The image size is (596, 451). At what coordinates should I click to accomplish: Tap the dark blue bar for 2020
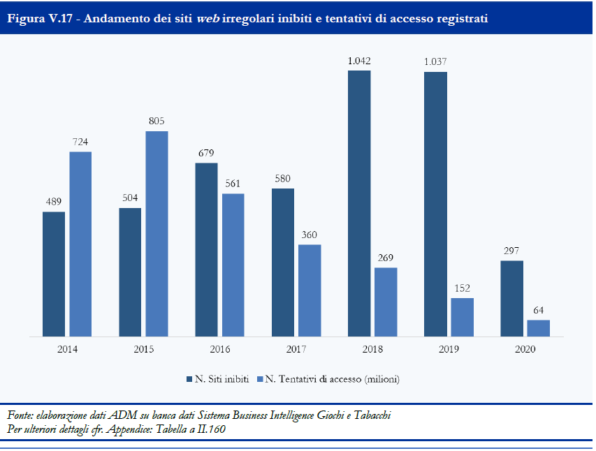511,299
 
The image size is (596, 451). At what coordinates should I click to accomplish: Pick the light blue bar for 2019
462,318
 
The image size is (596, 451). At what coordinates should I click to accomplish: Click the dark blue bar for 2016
206,250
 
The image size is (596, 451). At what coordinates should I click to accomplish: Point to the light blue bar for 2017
310,290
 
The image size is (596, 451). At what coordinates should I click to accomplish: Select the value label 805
157,121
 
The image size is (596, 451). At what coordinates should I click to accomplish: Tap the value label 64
538,310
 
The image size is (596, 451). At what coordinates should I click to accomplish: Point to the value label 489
54,202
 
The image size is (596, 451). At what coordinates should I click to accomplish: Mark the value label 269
386,258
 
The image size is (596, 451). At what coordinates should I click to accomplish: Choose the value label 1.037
435,62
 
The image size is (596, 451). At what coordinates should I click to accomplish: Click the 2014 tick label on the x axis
68,349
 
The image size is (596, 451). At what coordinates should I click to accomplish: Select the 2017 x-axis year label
297,349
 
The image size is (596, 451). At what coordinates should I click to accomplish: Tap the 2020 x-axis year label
525,349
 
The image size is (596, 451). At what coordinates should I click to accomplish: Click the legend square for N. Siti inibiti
189,379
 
